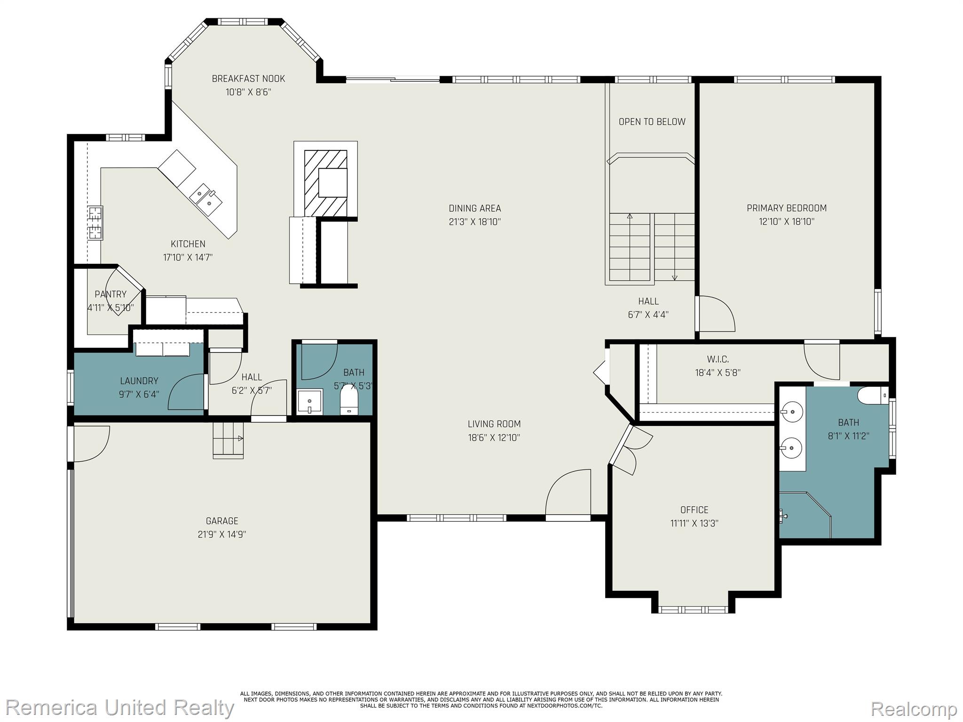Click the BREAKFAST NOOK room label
click(x=248, y=78)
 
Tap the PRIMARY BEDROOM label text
click(x=786, y=208)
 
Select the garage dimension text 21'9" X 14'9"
click(x=222, y=534)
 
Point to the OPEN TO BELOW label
click(x=652, y=122)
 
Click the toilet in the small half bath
click(x=349, y=399)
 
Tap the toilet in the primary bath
click(x=873, y=395)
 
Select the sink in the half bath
click(x=310, y=401)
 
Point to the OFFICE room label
click(x=694, y=510)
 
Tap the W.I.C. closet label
click(x=718, y=360)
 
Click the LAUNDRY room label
click(x=139, y=381)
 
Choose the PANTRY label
click(x=111, y=294)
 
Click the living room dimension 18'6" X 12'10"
click(x=494, y=438)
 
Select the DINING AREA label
click(x=475, y=208)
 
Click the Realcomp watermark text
click(x=914, y=709)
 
